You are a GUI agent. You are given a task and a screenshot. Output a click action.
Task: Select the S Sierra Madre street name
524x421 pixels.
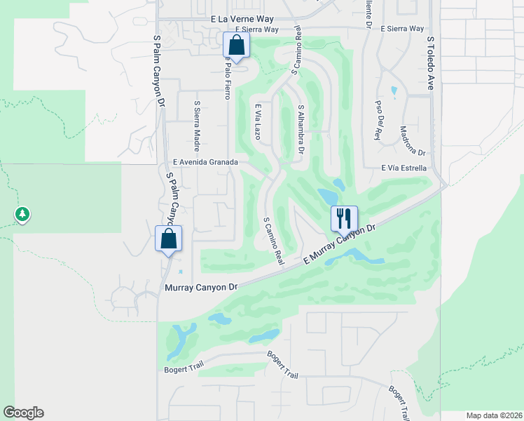pos(198,122)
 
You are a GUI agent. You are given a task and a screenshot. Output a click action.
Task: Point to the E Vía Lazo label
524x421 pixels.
pos(258,121)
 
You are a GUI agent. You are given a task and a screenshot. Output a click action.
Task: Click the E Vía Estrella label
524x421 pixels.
pos(404,168)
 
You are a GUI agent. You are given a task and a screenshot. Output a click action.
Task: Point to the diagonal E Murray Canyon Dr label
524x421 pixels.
pos(340,244)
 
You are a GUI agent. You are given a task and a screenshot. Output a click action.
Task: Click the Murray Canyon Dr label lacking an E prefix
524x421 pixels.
pos(202,287)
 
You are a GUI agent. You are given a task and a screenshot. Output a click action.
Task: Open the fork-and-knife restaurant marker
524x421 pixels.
pos(344,218)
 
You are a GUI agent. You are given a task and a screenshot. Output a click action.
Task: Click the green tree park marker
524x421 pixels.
pos(22,214)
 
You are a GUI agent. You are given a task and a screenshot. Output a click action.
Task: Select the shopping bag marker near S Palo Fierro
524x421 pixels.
pos(237,46)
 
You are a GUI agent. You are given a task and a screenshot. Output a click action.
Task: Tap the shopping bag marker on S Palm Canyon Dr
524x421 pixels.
pos(169,238)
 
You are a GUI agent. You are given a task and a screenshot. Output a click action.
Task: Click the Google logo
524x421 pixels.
pos(23,413)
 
